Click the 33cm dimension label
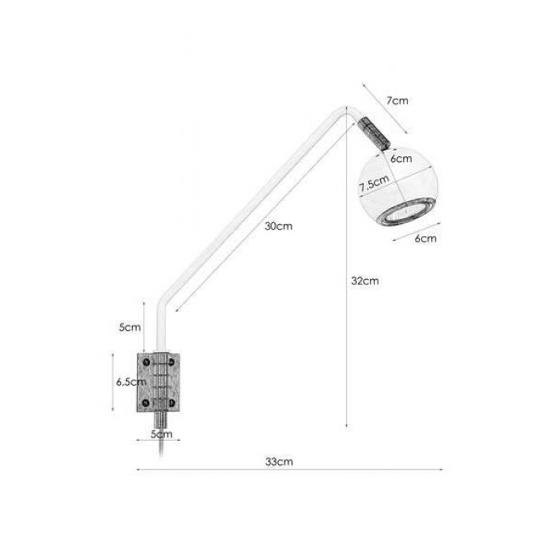[x=279, y=462]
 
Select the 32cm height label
[x=365, y=281]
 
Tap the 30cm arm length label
[x=278, y=226]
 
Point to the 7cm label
[x=398, y=100]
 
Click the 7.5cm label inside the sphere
[x=374, y=183]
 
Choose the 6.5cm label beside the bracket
[x=131, y=382]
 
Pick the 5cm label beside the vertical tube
[x=130, y=327]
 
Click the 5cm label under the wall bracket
[x=162, y=434]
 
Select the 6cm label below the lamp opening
[x=426, y=238]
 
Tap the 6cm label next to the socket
[x=401, y=159]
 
